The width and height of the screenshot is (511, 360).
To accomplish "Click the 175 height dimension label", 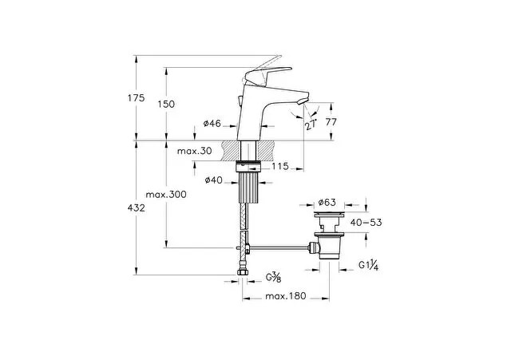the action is [x=137, y=97].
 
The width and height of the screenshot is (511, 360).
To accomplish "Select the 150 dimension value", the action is [x=166, y=105].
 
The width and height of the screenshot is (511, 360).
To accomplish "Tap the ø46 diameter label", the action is [x=212, y=123].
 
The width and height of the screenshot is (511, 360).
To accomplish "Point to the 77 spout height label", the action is [x=331, y=122].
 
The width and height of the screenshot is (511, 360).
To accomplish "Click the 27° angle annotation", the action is [x=311, y=125].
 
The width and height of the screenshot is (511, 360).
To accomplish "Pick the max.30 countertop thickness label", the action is [x=195, y=151].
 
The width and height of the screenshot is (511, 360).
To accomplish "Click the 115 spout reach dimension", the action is [x=280, y=166].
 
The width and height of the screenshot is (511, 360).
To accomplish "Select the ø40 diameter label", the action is [x=214, y=180].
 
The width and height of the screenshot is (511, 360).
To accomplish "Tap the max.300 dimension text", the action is [x=166, y=195].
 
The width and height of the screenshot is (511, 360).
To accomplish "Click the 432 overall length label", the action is [x=137, y=208].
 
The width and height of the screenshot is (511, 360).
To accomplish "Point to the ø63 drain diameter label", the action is [x=327, y=202].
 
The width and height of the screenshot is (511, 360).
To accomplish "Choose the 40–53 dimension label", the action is [x=366, y=223].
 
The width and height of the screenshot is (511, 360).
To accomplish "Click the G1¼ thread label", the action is [x=369, y=266].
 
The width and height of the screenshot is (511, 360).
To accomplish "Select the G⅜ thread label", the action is [x=273, y=278].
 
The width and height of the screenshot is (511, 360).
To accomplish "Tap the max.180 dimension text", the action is [x=286, y=296].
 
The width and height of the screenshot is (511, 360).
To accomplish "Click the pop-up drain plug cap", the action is [x=329, y=214].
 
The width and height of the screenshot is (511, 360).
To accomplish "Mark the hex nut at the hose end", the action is [x=243, y=271].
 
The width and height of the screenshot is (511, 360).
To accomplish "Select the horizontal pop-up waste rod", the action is [x=279, y=248].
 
